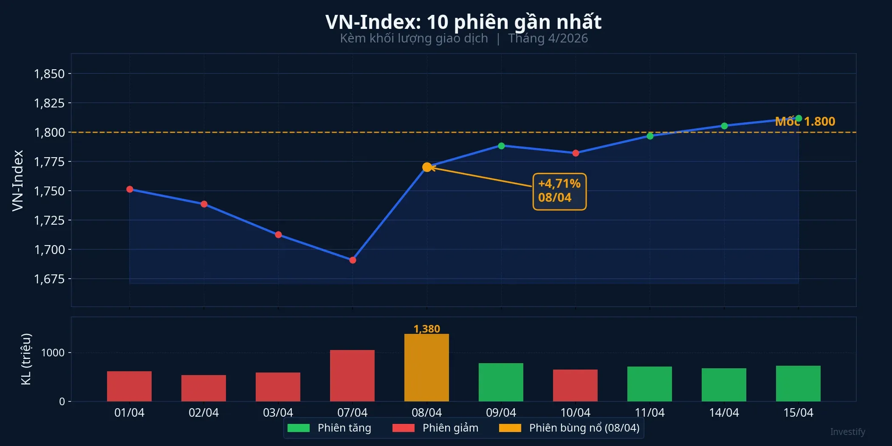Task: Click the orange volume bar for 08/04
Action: pos(426,368)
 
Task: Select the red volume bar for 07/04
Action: pos(352,376)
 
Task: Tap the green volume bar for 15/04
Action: pos(798,384)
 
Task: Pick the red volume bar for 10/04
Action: pos(575,385)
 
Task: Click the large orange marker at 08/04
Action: pos(427,167)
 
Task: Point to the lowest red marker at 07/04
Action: pos(353,260)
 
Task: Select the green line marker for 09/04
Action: pos(501,146)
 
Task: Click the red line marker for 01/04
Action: pos(130,189)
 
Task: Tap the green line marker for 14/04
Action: pos(724,126)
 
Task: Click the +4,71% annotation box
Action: pos(559,191)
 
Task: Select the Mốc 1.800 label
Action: pos(805,121)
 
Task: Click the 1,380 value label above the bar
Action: pos(426,329)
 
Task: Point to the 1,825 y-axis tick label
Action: pos(49,103)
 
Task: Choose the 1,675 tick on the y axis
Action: pos(49,279)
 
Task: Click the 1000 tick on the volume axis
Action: pos(53,353)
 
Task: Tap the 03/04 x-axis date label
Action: pos(278,412)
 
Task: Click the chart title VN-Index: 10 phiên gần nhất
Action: pos(463,22)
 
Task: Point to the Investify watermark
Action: pos(847,432)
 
